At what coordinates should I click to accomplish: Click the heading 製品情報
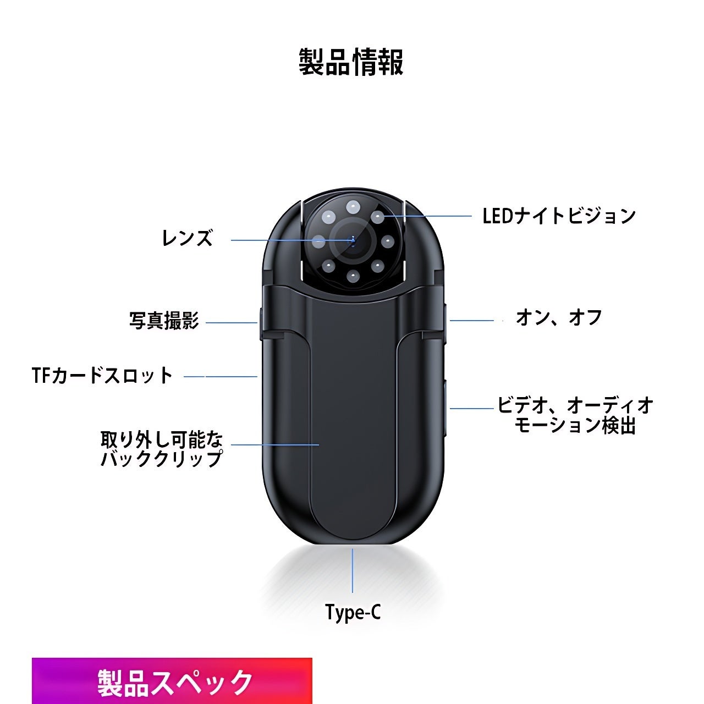pos(351,62)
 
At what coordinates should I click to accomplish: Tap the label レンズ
pos(187,238)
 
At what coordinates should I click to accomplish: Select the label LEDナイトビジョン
pos(559,216)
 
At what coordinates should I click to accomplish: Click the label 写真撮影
pos(164,321)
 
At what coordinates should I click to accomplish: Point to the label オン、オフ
pos(558,318)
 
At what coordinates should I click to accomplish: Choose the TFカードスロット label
pos(102,376)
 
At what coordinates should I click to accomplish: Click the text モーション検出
pos(575,425)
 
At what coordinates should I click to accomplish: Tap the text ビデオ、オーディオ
pos(575,405)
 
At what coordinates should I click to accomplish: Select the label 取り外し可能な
pos(162,439)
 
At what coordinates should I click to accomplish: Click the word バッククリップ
pos(162,458)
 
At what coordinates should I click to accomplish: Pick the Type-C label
pos(353,612)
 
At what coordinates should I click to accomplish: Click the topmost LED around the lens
pos(353,207)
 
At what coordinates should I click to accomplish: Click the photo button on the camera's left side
pos(260,322)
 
